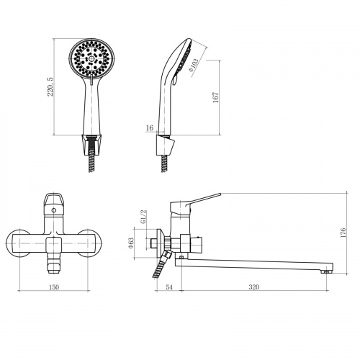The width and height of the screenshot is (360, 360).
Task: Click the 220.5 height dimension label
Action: tap(51, 86)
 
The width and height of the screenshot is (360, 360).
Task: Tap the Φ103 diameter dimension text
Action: tap(194, 66)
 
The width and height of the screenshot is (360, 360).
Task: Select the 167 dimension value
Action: tap(216, 97)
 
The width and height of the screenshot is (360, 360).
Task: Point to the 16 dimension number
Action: tap(150, 128)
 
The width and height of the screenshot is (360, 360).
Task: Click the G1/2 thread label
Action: tap(144, 217)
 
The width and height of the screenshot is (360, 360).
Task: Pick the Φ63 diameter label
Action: tap(131, 243)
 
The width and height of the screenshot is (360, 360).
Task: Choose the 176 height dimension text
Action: tap(343, 233)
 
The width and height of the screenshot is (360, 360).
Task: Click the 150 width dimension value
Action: tap(54, 287)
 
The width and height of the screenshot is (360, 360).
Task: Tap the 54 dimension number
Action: tap(169, 287)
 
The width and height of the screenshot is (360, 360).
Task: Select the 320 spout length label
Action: tap(254, 287)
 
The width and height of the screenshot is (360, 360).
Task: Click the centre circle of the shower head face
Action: tap(91, 59)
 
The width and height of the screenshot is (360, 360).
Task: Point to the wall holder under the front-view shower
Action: tap(91, 144)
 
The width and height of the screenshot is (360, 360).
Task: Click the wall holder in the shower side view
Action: tap(166, 145)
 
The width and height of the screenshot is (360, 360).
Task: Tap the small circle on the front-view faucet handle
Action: tap(54, 210)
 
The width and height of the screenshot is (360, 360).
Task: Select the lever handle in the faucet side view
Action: tap(195, 204)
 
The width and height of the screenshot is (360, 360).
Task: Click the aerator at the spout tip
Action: tap(325, 272)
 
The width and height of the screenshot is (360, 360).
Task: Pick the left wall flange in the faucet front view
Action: tap(17, 243)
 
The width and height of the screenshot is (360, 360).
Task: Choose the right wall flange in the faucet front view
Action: tap(90, 243)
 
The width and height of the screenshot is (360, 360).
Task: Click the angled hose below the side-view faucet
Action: tap(161, 264)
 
